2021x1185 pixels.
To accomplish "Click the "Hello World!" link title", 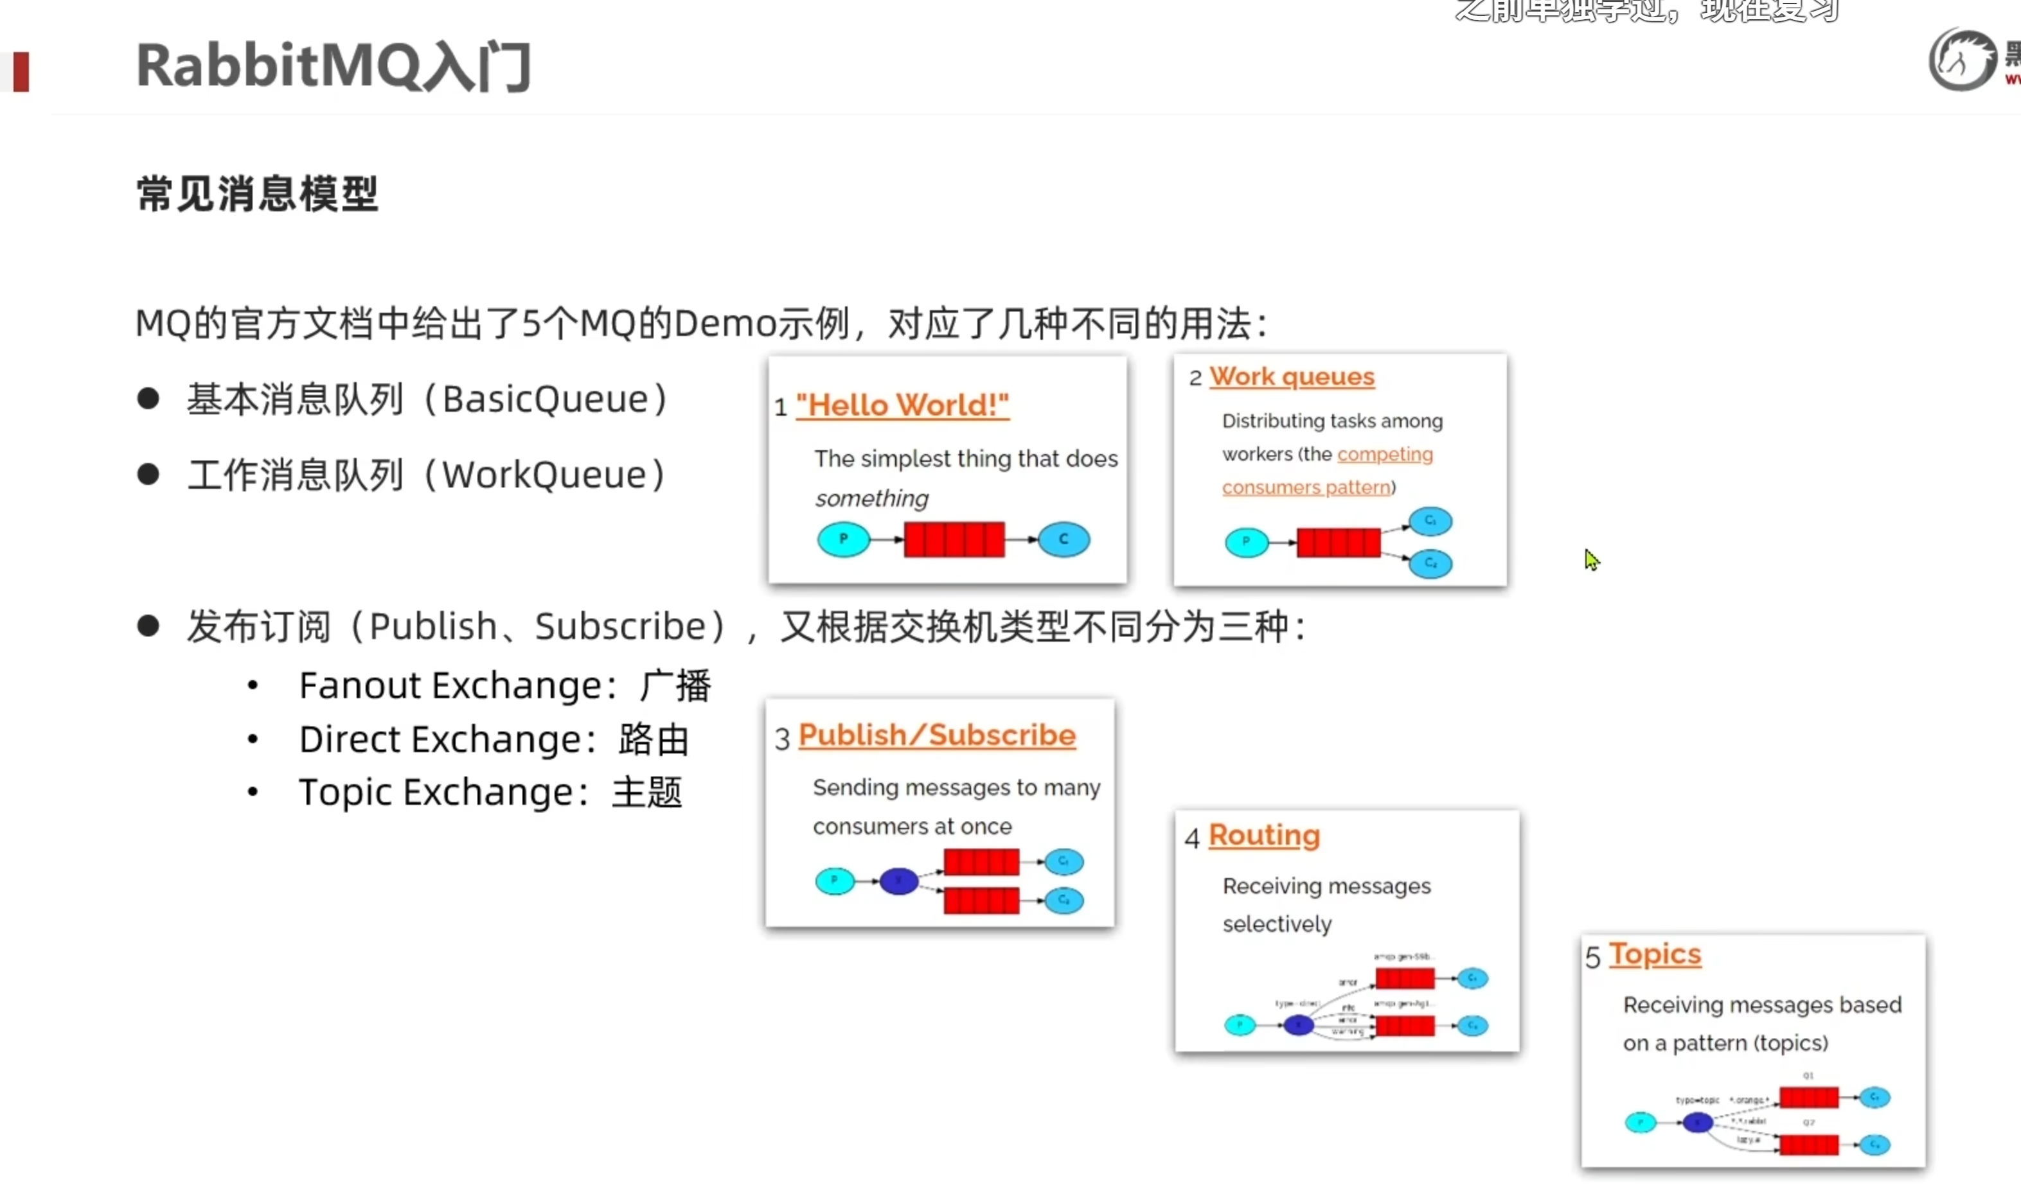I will [x=902, y=406].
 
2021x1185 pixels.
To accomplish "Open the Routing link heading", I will [x=1264, y=836].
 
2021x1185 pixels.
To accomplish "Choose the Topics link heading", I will [x=1655, y=954].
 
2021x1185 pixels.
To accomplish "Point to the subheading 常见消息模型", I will [x=256, y=194].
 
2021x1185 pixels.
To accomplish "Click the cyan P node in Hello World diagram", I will [x=843, y=539].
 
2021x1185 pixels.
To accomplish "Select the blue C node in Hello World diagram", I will [x=1064, y=539].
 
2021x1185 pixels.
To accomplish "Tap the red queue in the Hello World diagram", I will [x=954, y=539].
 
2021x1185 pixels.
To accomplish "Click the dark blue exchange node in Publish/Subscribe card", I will [x=898, y=881].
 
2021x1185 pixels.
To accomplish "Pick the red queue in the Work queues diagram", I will [x=1338, y=543].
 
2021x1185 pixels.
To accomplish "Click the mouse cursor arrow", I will [x=1591, y=559].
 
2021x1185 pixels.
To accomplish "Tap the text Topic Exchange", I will [x=436, y=792].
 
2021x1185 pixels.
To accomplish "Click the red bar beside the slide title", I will [x=21, y=71].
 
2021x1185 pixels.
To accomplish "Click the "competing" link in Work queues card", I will [x=1384, y=455].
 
